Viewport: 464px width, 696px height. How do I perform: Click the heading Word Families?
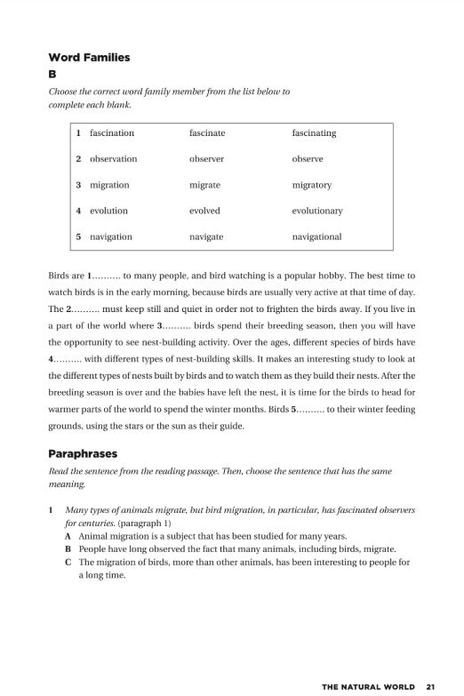[89, 58]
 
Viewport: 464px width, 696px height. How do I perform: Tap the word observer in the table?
[206, 159]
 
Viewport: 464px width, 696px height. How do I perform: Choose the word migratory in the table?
[311, 185]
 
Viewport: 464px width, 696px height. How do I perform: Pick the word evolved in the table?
[204, 211]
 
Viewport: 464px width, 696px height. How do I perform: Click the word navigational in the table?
[316, 237]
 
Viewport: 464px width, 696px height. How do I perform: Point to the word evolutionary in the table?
[316, 211]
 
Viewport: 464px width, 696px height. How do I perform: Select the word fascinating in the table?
[314, 133]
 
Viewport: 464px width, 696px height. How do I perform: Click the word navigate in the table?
[206, 237]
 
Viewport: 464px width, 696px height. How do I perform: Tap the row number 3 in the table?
[79, 185]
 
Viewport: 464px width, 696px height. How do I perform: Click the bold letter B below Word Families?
[52, 76]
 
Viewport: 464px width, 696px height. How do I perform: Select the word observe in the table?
[308, 159]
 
